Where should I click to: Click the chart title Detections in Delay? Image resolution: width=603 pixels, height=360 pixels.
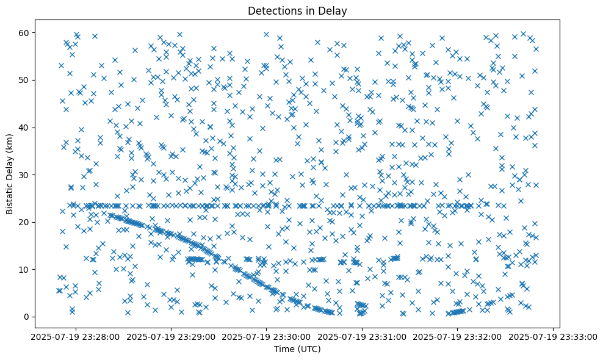coord(297,10)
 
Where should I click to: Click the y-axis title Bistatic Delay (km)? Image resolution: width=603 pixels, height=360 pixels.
coord(10,174)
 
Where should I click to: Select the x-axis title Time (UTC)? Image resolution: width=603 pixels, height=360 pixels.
coord(297,349)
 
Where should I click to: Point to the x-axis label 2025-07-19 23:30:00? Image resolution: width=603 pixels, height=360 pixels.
coord(266,336)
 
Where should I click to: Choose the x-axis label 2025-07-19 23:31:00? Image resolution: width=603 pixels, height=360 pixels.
coord(362,336)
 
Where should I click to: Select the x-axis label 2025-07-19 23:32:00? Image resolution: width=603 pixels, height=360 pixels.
coord(458,336)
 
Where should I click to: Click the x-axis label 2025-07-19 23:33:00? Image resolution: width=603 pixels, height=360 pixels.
coord(553,336)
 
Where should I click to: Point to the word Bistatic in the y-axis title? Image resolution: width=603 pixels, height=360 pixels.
coord(10,195)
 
